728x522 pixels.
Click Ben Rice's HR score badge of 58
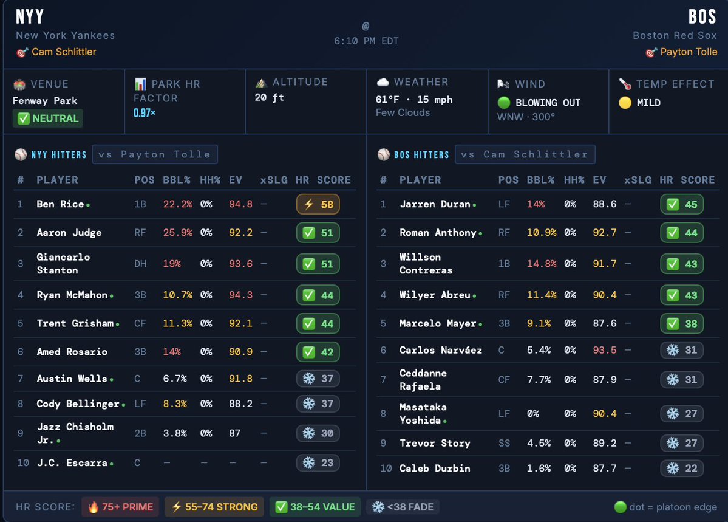pyautogui.click(x=318, y=204)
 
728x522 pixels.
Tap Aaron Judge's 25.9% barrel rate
pyautogui.click(x=177, y=233)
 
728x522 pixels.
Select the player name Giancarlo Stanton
pyautogui.click(x=63, y=263)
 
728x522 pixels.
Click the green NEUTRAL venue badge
pyautogui.click(x=48, y=118)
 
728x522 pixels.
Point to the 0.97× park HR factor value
pyautogui.click(x=145, y=113)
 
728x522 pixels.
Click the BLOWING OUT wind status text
pyautogui.click(x=548, y=103)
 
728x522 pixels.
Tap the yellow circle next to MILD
pyautogui.click(x=625, y=103)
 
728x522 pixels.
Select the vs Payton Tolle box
pyautogui.click(x=154, y=154)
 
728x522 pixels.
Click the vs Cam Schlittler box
pyautogui.click(x=525, y=154)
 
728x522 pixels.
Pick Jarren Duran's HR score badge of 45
pyautogui.click(x=681, y=204)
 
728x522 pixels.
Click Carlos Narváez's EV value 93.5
pyautogui.click(x=605, y=350)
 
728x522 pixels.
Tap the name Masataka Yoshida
pyautogui.click(x=423, y=413)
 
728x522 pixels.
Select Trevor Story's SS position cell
pyautogui.click(x=504, y=443)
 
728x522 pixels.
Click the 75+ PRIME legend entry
pyautogui.click(x=120, y=507)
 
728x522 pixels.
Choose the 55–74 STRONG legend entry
pyautogui.click(x=214, y=507)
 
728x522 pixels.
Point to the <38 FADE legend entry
pyautogui.click(x=403, y=507)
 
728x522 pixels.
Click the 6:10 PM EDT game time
pyautogui.click(x=366, y=41)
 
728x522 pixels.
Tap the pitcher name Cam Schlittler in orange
pyautogui.click(x=64, y=52)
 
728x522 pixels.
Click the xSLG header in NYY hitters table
pyautogui.click(x=271, y=180)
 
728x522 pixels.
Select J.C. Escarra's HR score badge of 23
pyautogui.click(x=318, y=462)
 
